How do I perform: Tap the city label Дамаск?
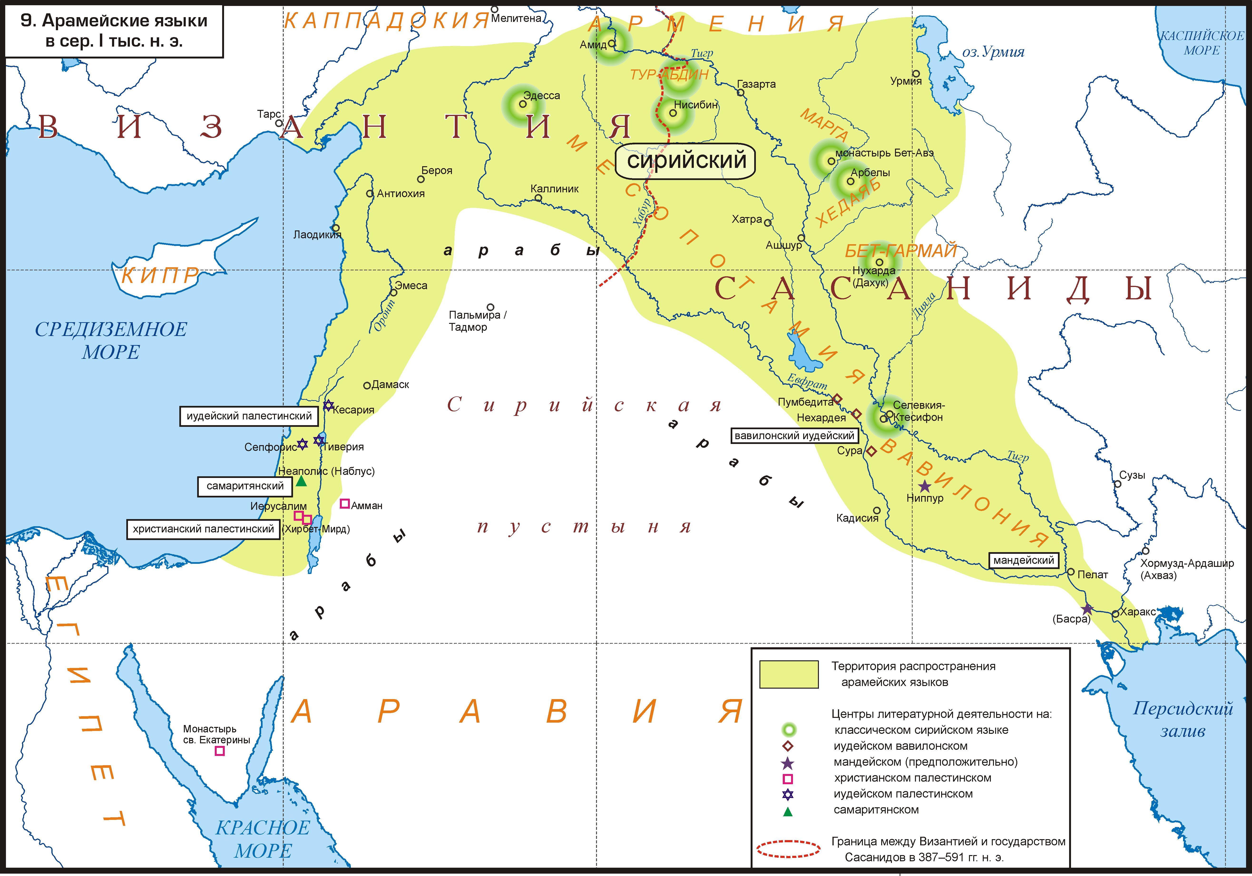[390, 384]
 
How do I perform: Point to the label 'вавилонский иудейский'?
[794, 436]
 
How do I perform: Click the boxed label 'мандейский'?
[1023, 560]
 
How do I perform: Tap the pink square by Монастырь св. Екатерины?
[220, 751]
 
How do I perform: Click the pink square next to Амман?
[345, 504]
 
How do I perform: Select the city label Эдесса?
[542, 95]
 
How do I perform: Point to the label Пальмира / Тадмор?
[477, 321]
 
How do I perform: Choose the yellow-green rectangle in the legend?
[788, 674]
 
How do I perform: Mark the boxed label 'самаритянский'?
[245, 486]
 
